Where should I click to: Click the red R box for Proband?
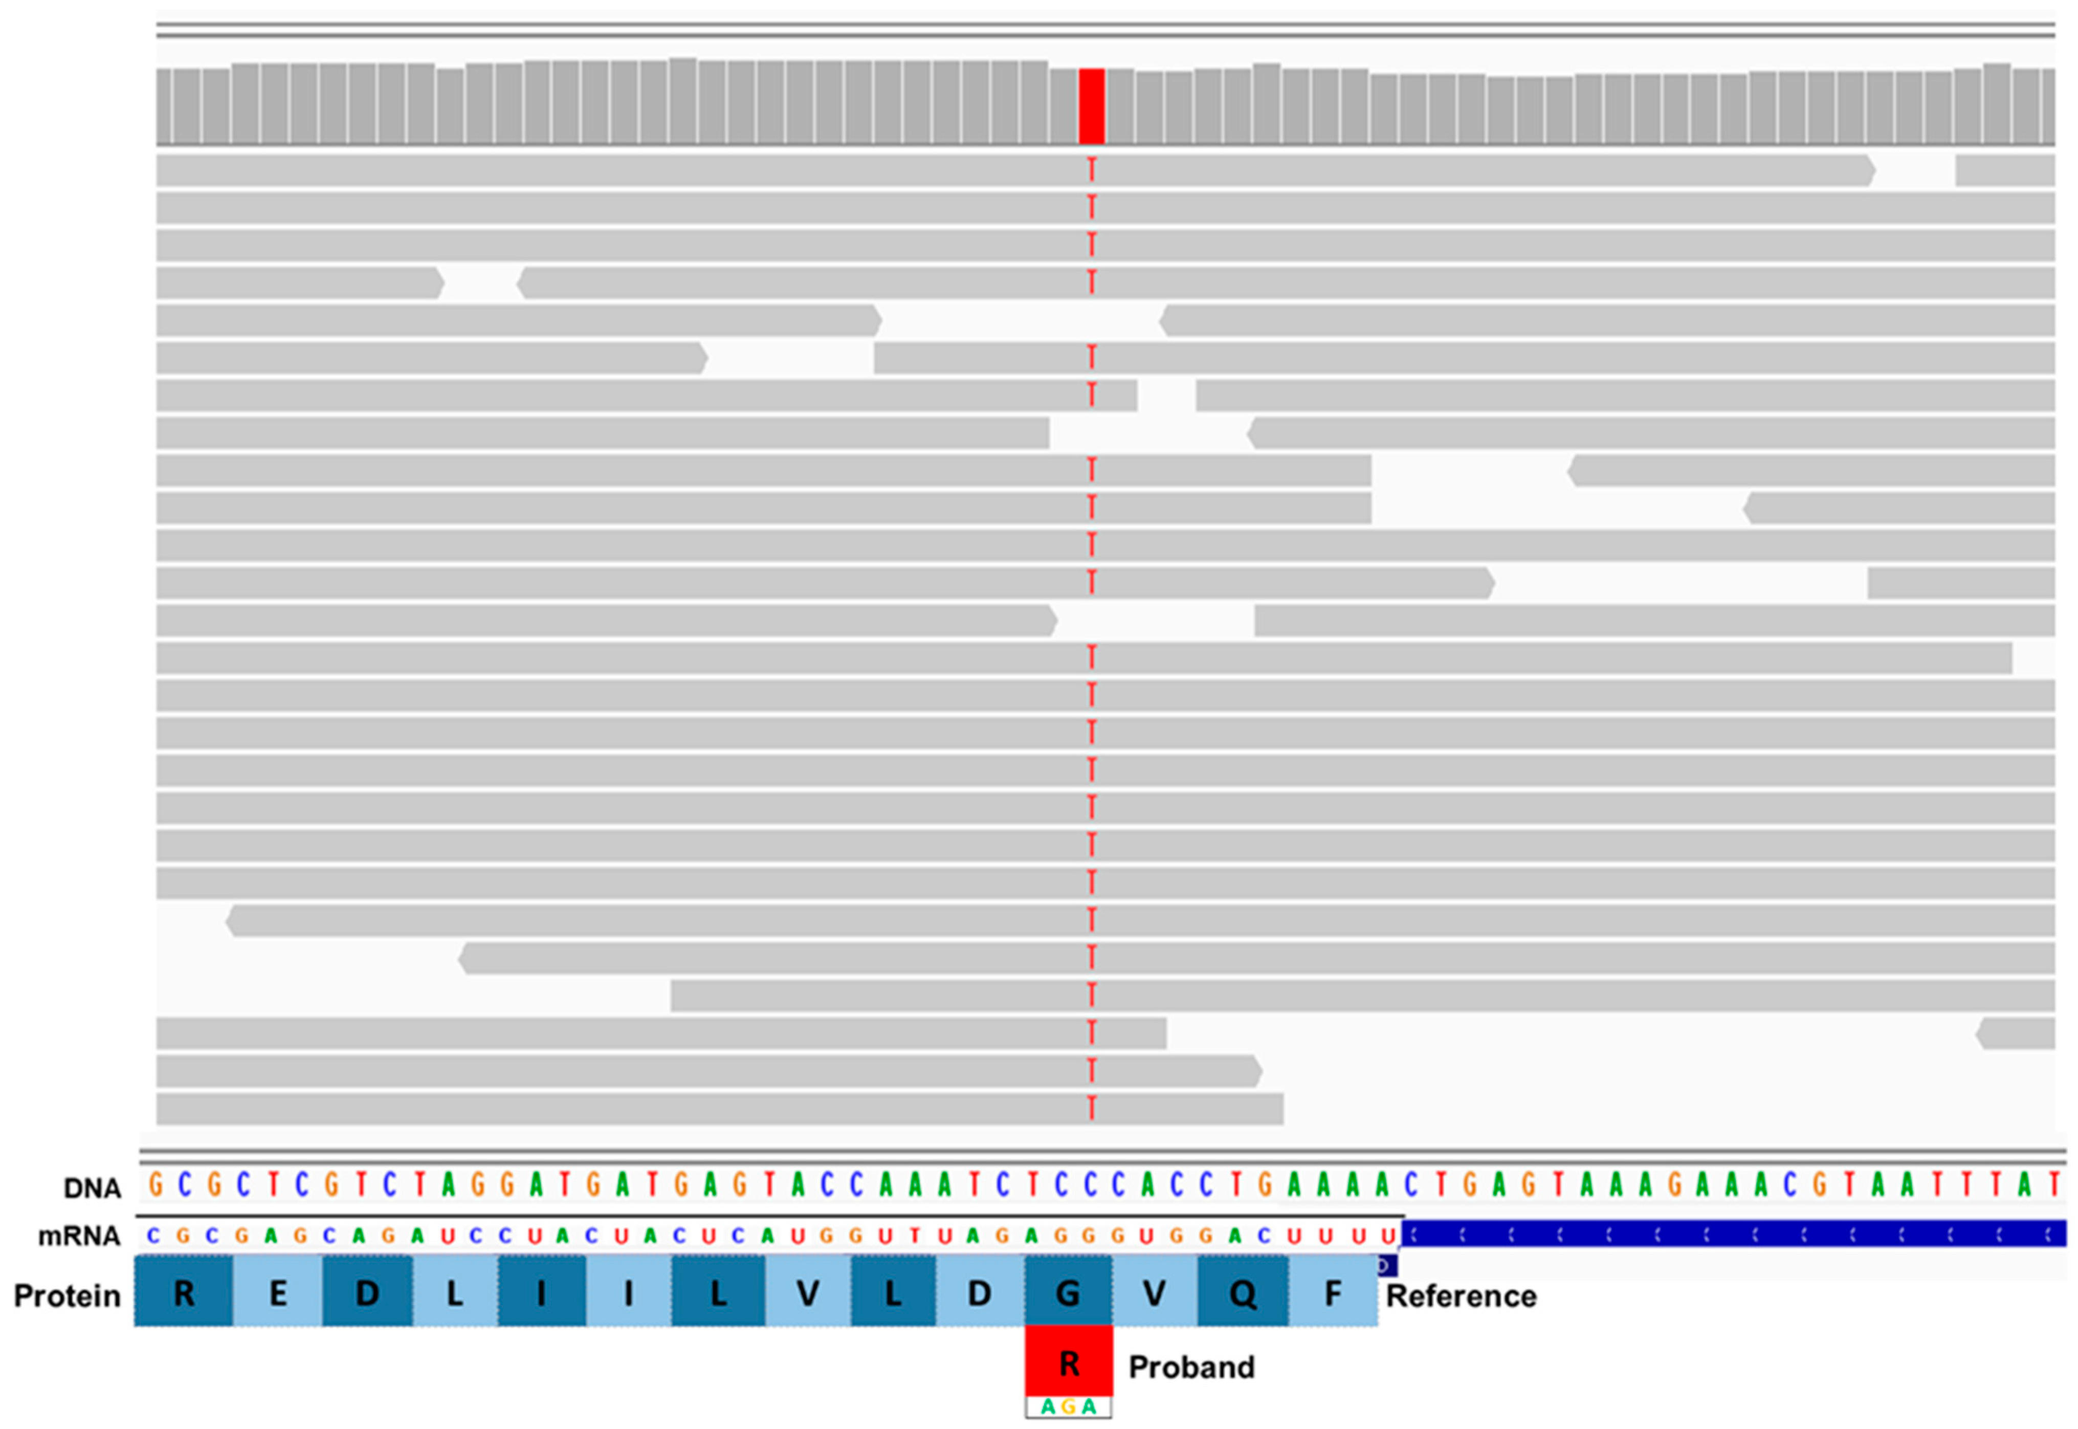coord(1069,1364)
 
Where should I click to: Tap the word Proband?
coord(1191,1367)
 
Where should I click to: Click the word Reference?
coord(1461,1295)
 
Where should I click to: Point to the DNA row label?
coord(92,1188)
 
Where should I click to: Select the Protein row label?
coord(67,1295)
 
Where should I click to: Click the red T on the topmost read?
coord(1091,169)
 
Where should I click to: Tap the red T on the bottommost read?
coord(1091,1108)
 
